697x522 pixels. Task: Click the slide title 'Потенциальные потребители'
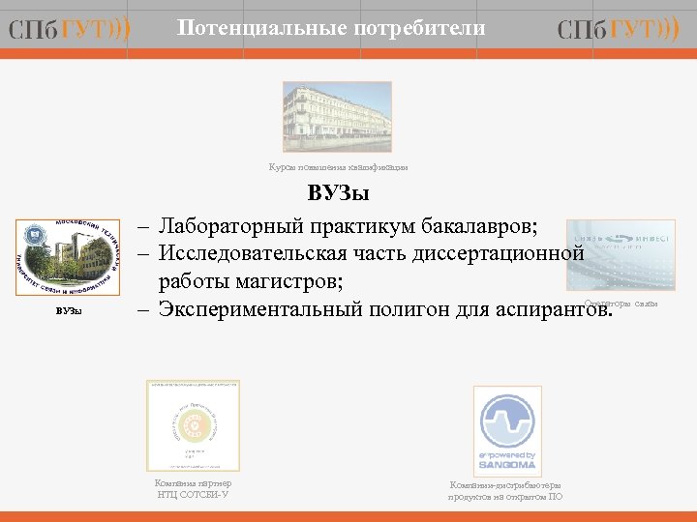point(331,29)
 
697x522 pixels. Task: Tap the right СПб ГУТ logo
point(619,31)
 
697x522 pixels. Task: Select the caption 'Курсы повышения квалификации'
point(338,167)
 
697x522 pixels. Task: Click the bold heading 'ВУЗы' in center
point(338,194)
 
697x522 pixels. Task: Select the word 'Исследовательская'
point(255,254)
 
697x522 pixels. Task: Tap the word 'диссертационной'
point(500,254)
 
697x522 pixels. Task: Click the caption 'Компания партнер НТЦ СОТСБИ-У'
point(193,489)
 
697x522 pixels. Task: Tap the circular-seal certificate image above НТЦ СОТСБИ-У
point(193,425)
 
